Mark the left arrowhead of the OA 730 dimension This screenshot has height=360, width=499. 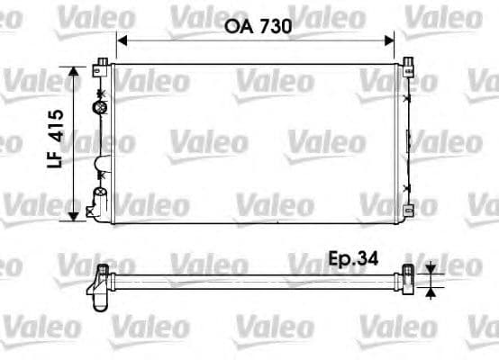click(121, 40)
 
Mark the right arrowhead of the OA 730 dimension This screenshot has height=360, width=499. click(391, 40)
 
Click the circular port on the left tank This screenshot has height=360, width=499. click(99, 108)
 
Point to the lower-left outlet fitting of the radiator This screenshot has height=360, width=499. click(93, 210)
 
